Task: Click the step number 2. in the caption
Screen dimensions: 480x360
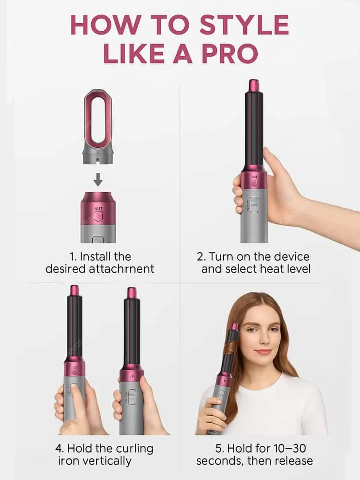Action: pos(202,256)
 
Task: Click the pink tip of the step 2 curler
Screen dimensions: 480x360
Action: pos(253,85)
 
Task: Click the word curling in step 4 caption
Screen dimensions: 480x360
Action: pos(132,449)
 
